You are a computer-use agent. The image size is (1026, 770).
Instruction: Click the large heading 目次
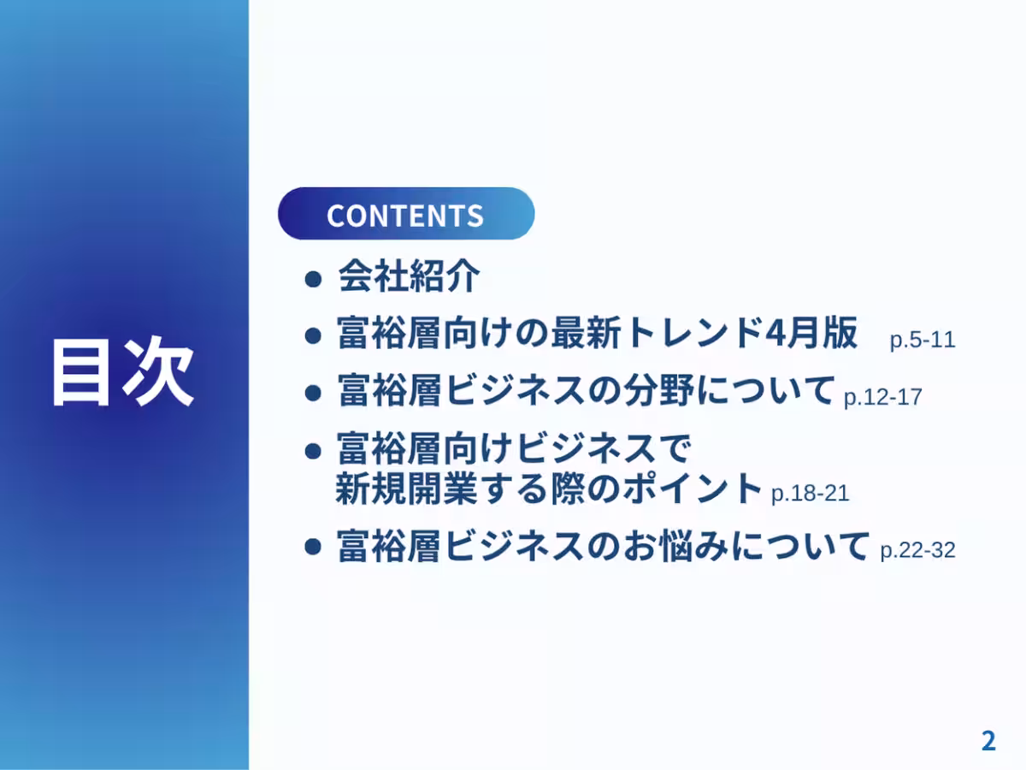tap(121, 373)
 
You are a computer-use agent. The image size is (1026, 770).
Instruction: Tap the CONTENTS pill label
tap(404, 214)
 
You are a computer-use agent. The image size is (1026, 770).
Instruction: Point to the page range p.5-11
tap(922, 340)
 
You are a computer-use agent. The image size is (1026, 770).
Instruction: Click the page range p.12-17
tap(882, 397)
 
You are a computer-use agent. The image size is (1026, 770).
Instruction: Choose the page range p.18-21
tap(810, 494)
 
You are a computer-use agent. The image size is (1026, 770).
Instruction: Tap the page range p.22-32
tap(917, 550)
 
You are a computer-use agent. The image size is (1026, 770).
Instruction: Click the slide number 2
tap(988, 740)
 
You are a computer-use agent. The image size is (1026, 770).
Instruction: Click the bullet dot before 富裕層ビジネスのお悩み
tap(314, 547)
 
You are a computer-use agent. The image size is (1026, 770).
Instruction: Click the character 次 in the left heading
tap(159, 373)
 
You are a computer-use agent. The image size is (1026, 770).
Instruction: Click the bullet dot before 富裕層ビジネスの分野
tap(314, 392)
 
